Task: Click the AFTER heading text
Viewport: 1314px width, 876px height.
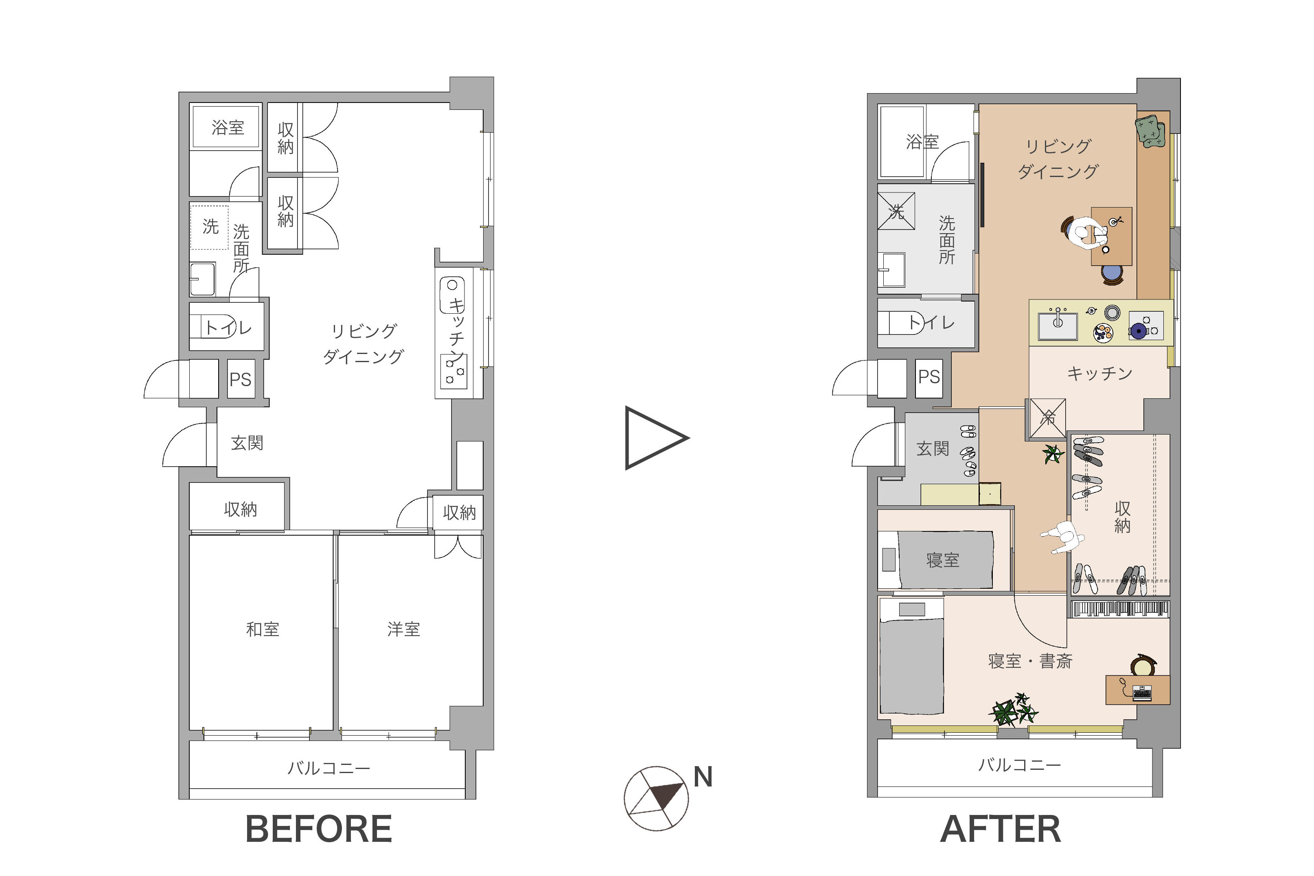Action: pyautogui.click(x=1001, y=829)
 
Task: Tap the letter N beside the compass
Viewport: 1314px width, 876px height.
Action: pyautogui.click(x=703, y=777)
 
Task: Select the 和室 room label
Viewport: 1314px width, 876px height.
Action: pyautogui.click(x=263, y=629)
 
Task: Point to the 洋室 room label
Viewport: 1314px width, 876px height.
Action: pyautogui.click(x=403, y=629)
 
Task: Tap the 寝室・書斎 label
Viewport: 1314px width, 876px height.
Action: pyautogui.click(x=1030, y=662)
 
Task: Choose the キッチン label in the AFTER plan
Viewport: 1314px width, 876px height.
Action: pyautogui.click(x=1100, y=373)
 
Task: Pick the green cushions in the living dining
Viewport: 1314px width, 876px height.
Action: pyautogui.click(x=1151, y=132)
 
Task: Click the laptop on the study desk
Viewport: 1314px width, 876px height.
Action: pyautogui.click(x=1142, y=693)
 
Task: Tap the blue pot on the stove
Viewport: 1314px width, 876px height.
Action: pyautogui.click(x=1138, y=331)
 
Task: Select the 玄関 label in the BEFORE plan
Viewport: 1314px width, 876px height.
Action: pyautogui.click(x=247, y=443)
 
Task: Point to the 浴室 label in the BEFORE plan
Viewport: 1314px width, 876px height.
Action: pyautogui.click(x=228, y=128)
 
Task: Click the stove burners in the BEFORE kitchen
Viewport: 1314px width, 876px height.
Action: pyautogui.click(x=454, y=371)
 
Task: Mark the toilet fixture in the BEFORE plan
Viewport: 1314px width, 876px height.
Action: pyautogui.click(x=213, y=326)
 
